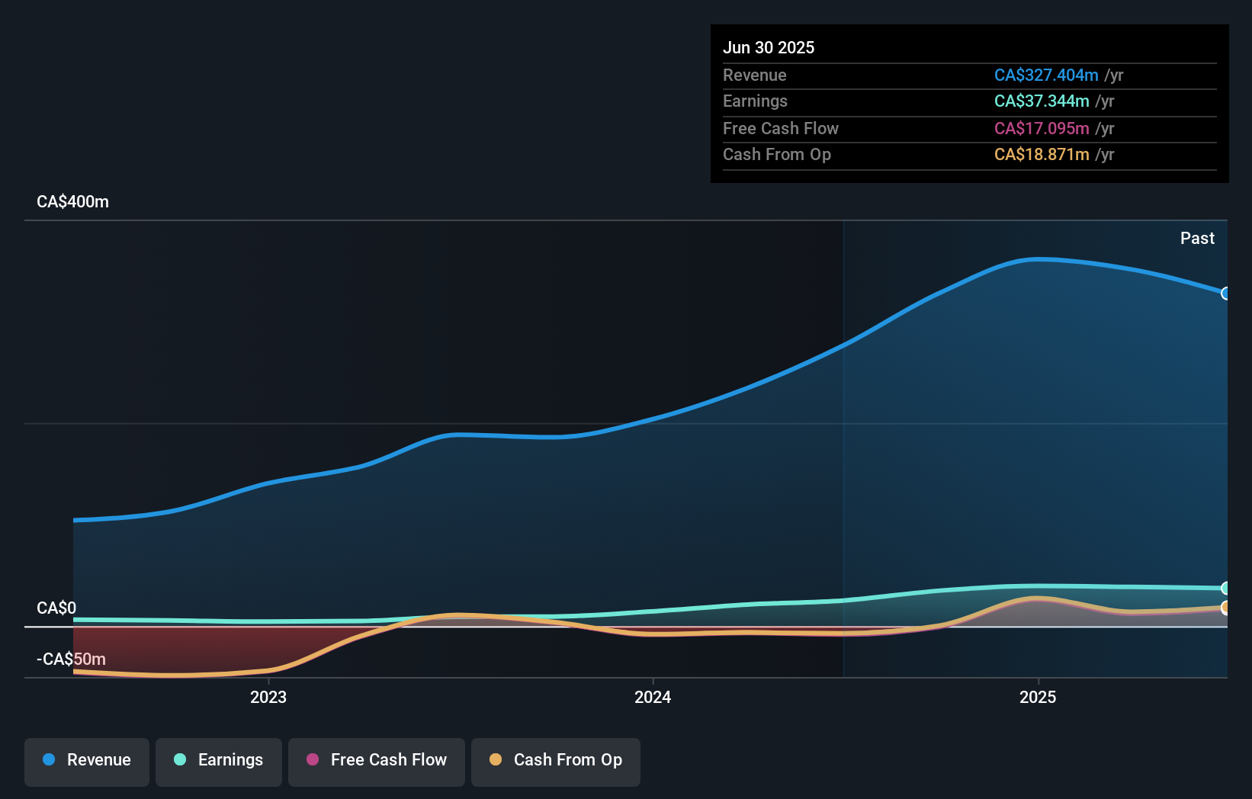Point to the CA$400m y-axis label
click(x=72, y=202)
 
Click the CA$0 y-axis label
click(x=56, y=608)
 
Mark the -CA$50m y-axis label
click(x=71, y=659)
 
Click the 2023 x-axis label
click(x=268, y=698)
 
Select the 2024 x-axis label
click(x=653, y=698)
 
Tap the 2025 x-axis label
click(x=1038, y=698)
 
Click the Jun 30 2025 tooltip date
click(x=769, y=47)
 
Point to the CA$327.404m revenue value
click(x=1046, y=75)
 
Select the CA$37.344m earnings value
click(x=1042, y=101)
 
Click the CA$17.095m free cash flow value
click(x=1042, y=129)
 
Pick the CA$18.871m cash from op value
click(x=1042, y=154)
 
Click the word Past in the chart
click(x=1197, y=239)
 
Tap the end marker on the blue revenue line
click(x=1225, y=294)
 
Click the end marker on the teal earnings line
click(x=1225, y=588)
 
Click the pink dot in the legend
click(x=313, y=759)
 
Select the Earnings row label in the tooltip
click(x=755, y=101)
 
